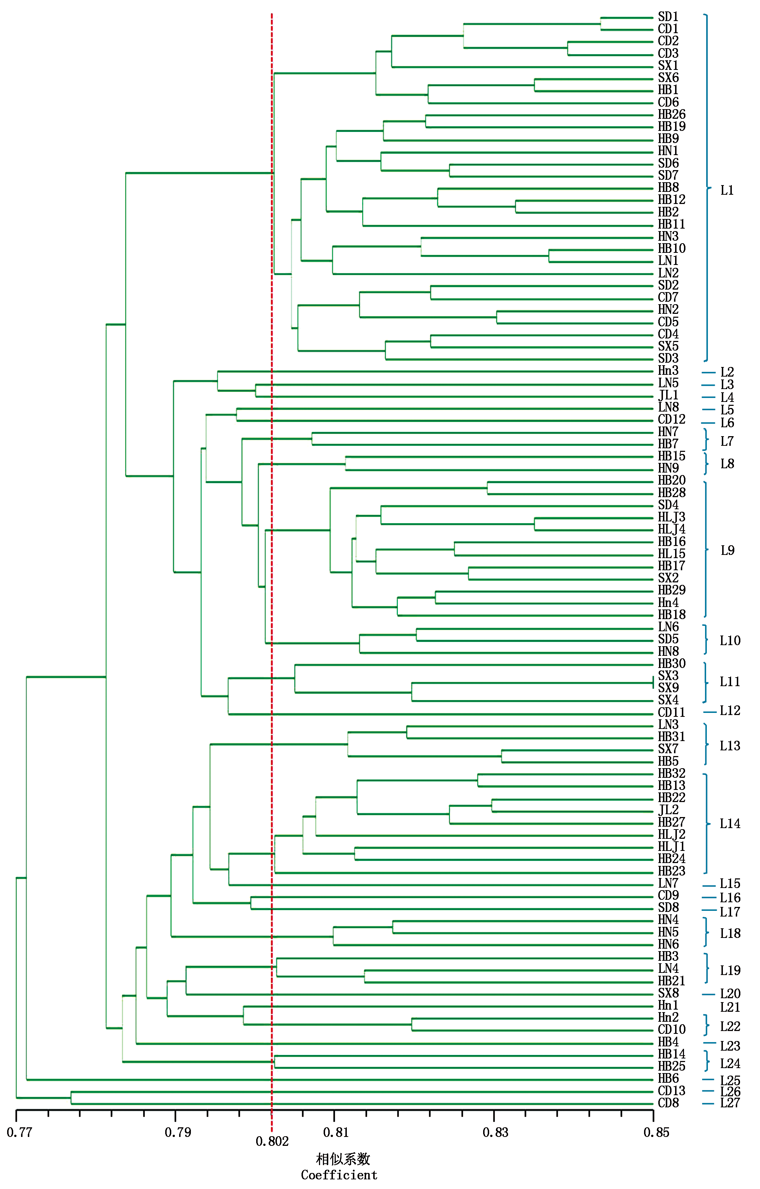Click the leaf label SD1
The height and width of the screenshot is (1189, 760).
point(668,17)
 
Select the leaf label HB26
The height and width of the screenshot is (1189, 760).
point(671,114)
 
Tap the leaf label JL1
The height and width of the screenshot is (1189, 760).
point(668,396)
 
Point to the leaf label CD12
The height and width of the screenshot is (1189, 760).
point(671,420)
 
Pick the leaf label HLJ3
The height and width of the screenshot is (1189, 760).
point(671,517)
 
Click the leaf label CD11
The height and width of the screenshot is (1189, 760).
point(671,713)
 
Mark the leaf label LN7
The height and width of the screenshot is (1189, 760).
point(668,883)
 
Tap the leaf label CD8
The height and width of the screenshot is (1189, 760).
point(668,1103)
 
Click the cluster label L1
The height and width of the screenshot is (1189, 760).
point(727,190)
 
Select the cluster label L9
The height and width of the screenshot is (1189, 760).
point(728,551)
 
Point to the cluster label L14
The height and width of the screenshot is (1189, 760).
point(730,823)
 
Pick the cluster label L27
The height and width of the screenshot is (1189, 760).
point(730,1103)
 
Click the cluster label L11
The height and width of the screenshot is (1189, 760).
point(730,682)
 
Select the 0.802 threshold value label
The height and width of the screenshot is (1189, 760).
point(272,1142)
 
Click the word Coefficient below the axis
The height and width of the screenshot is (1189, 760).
point(339,1175)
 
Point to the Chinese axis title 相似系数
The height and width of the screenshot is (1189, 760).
point(343,1159)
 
